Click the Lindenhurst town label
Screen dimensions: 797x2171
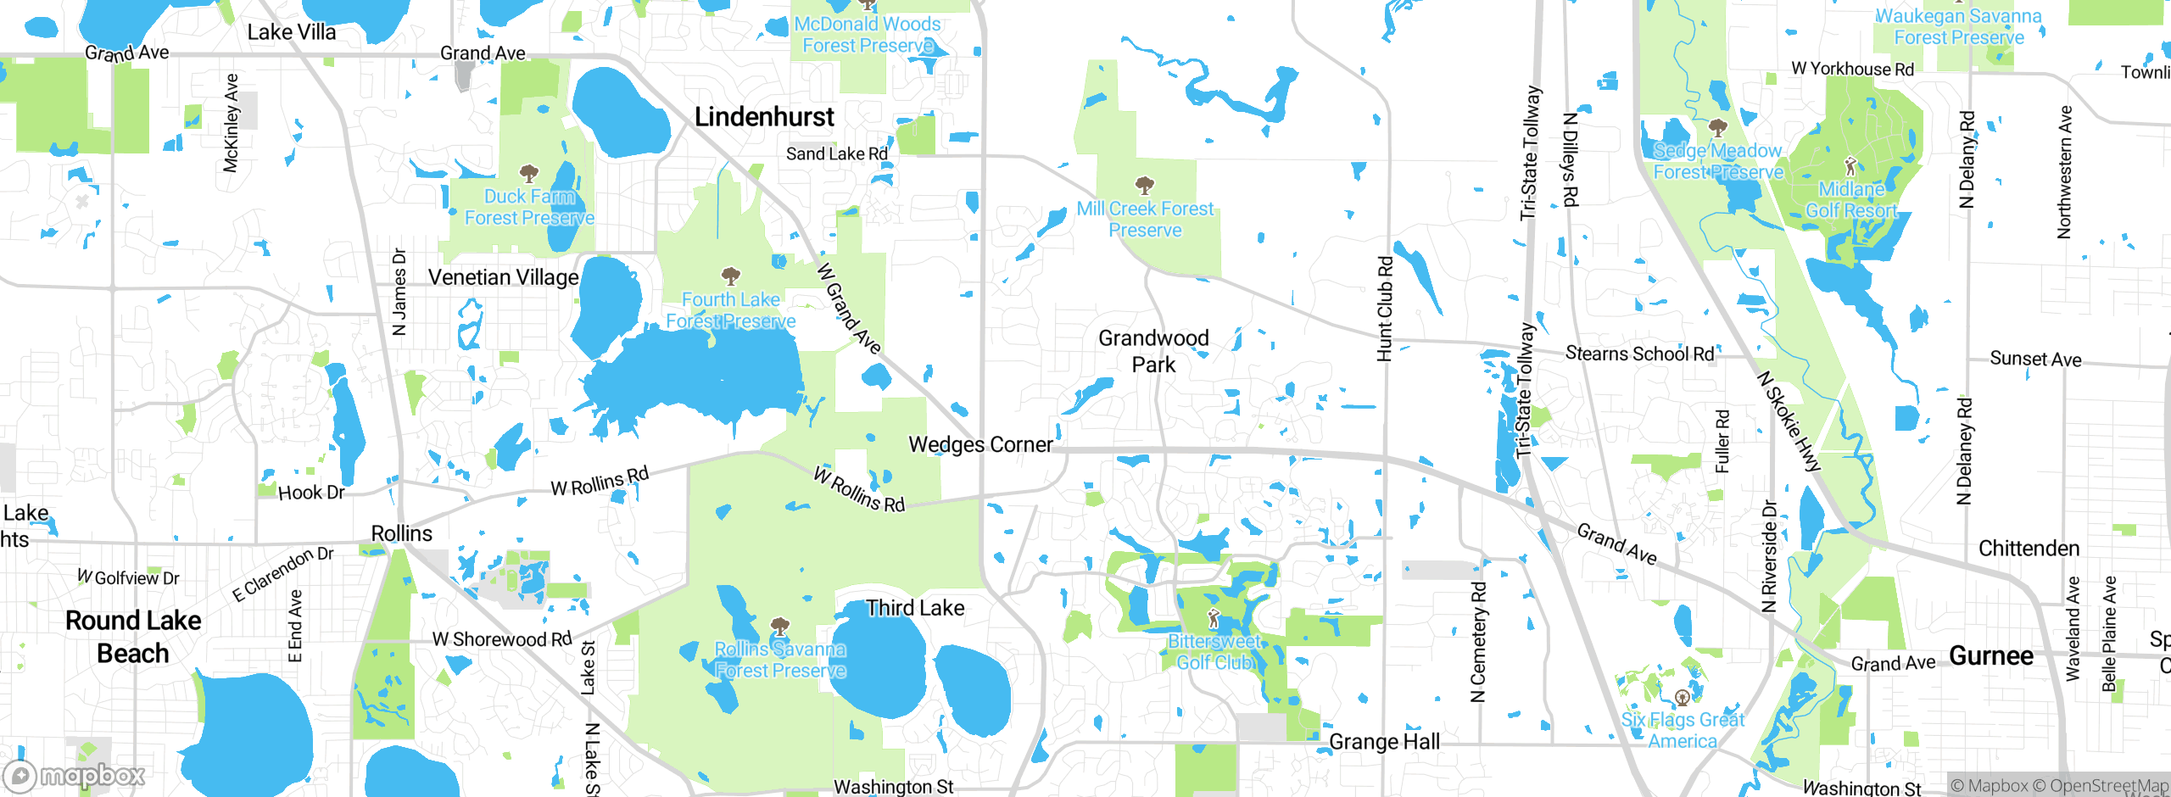tap(764, 117)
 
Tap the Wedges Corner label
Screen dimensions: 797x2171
tap(980, 444)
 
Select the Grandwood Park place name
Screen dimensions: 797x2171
tap(1153, 351)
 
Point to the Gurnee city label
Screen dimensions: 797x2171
tap(1990, 655)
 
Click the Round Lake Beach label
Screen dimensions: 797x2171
tap(133, 637)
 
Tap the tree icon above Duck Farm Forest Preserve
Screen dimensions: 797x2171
tap(529, 175)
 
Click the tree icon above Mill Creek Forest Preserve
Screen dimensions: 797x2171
tap(1144, 185)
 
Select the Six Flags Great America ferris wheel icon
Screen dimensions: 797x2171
tap(1683, 698)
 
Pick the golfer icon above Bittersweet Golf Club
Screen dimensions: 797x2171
tap(1214, 619)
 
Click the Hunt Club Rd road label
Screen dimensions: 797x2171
tap(1385, 309)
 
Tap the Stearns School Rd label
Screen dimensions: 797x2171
tap(1639, 354)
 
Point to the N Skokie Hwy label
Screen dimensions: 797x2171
tap(1789, 421)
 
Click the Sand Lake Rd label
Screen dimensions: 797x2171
tap(836, 153)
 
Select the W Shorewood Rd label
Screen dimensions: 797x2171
tap(502, 639)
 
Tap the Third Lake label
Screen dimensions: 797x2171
tap(915, 608)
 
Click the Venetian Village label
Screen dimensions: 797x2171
tap(503, 277)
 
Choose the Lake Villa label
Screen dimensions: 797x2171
tap(292, 32)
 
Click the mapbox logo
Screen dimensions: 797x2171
tap(75, 775)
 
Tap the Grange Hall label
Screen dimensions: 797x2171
tap(1384, 742)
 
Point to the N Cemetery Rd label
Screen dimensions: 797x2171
tap(1478, 643)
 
